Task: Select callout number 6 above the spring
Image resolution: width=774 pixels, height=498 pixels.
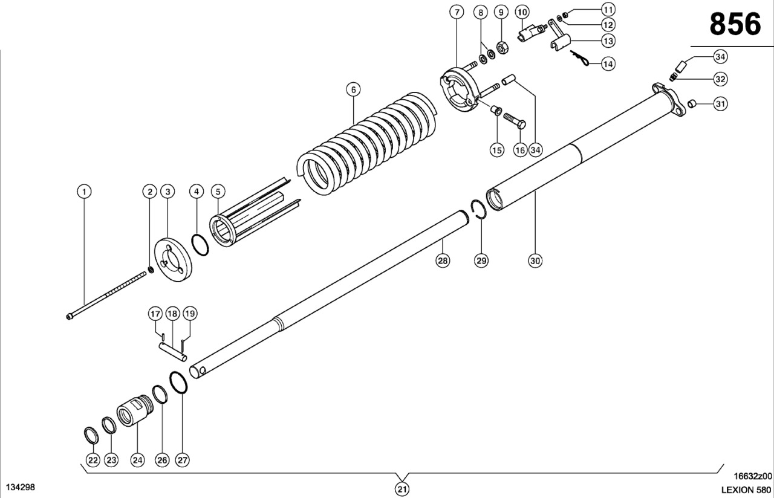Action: click(x=354, y=89)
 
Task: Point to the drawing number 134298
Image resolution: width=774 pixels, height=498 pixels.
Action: click(x=20, y=487)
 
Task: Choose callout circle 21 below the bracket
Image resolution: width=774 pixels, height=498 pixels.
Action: click(x=402, y=488)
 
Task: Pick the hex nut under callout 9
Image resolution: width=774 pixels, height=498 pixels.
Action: click(x=501, y=47)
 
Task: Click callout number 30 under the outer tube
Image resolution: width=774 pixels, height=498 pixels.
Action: click(x=535, y=260)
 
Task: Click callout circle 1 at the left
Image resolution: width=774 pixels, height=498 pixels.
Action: click(x=84, y=192)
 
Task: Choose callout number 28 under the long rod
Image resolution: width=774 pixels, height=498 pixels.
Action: click(x=443, y=260)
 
